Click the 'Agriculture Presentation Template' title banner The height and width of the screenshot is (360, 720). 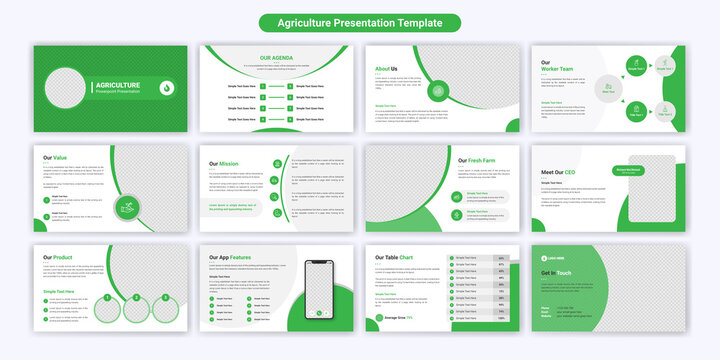tap(359, 22)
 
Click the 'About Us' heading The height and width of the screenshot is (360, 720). tap(386, 69)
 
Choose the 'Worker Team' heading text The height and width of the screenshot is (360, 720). tap(556, 69)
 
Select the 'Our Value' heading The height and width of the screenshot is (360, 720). tap(54, 157)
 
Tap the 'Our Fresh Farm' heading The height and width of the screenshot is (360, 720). tap(478, 160)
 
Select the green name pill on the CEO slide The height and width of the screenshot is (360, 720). tap(633, 171)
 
